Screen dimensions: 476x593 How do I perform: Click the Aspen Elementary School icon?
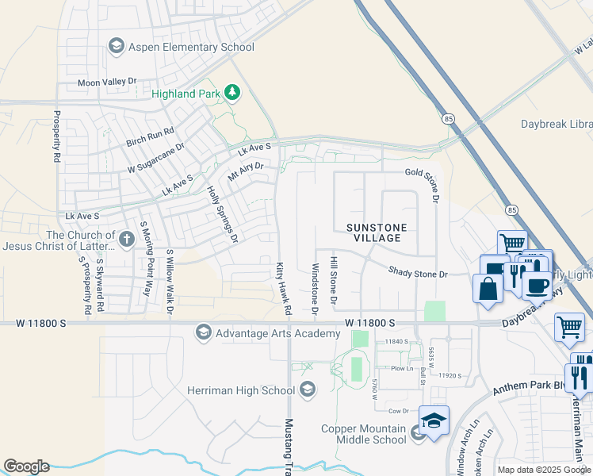click(x=117, y=47)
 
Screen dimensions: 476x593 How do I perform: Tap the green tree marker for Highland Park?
click(x=232, y=94)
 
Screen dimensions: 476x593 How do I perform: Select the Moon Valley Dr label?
click(x=107, y=82)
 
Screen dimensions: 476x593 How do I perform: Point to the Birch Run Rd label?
click(x=150, y=137)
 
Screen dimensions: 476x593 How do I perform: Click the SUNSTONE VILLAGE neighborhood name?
click(x=377, y=233)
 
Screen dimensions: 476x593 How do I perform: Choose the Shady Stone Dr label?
click(x=418, y=273)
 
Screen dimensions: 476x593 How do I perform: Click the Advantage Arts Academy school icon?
click(x=204, y=333)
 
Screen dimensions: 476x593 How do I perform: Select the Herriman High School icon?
click(x=308, y=390)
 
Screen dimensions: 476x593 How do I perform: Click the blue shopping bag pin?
click(x=488, y=288)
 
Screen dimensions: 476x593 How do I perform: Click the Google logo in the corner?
click(x=26, y=466)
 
